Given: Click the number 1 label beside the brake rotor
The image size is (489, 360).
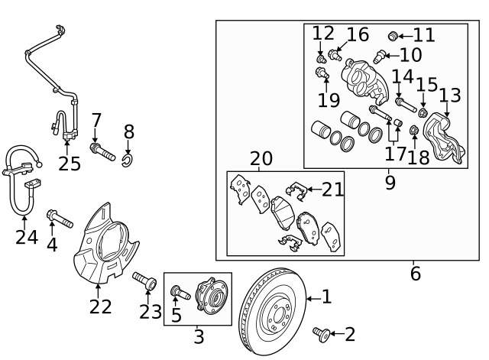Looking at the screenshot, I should click(x=326, y=297).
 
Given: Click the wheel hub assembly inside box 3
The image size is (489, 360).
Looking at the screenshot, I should click(x=209, y=296).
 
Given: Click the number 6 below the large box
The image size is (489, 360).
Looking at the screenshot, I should click(x=415, y=273).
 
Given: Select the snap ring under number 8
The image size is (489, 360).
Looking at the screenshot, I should click(x=128, y=159).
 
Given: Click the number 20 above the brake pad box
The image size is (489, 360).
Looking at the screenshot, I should click(x=261, y=158).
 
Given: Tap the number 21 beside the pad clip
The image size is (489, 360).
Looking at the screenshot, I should click(x=332, y=190).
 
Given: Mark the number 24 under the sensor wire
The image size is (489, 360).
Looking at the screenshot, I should click(x=26, y=238).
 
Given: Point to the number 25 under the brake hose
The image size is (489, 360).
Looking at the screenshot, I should click(x=69, y=164).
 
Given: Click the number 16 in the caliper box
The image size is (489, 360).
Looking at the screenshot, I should click(x=358, y=34).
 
